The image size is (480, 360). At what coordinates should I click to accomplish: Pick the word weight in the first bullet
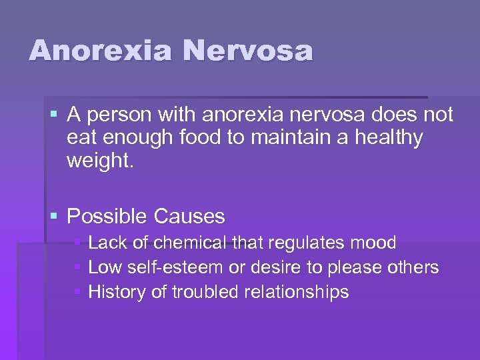point(98,161)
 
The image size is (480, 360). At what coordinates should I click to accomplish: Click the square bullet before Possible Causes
point(54,216)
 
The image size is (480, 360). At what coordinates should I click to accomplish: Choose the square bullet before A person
point(54,115)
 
